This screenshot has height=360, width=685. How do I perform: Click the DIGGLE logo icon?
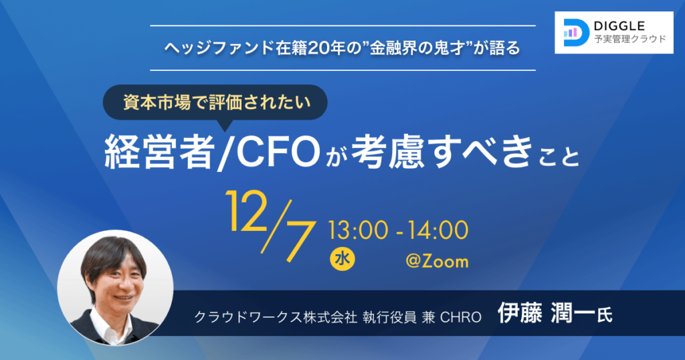point(575,32)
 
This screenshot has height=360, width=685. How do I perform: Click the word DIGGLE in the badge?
point(619,27)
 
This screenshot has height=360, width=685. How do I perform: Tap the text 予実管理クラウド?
point(630,39)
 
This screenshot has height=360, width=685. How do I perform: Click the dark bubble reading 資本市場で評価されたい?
point(215,102)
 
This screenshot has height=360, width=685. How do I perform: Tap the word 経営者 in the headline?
point(160,152)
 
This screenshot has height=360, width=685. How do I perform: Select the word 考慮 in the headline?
point(389,152)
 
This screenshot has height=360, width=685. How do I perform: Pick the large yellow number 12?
point(246,211)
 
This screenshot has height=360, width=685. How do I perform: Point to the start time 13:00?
point(359,230)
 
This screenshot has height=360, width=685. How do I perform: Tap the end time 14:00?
point(438,230)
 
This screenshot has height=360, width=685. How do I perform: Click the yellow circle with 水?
point(342,259)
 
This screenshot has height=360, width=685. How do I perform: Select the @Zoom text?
point(437,261)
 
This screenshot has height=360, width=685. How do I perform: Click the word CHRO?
point(461,317)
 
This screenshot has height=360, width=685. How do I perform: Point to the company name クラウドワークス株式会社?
point(276,317)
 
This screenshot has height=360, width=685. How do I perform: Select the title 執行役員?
point(389,317)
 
